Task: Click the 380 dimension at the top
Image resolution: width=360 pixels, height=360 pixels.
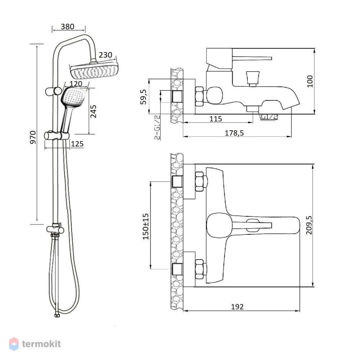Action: click(68, 27)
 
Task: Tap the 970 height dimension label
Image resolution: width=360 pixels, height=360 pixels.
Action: click(33, 137)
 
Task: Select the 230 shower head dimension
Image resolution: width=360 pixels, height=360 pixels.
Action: click(105, 55)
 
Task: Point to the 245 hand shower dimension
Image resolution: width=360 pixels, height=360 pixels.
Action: click(94, 111)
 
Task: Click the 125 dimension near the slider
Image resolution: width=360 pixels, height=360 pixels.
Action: click(77, 144)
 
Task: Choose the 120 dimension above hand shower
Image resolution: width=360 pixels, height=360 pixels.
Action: click(76, 84)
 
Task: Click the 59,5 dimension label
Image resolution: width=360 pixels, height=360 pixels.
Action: click(143, 96)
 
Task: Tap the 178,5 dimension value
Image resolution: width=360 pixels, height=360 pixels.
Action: click(234, 133)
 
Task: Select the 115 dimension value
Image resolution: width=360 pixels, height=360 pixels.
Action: click(216, 119)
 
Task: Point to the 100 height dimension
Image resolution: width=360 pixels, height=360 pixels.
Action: click(310, 81)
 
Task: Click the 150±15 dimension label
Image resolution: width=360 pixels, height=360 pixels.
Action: click(145, 226)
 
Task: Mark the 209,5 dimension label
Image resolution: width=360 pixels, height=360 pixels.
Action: click(309, 225)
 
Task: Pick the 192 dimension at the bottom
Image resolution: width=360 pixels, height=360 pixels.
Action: click(237, 307)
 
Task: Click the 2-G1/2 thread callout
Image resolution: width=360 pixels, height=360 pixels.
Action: click(157, 127)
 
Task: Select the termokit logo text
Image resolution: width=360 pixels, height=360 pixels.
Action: click(41, 344)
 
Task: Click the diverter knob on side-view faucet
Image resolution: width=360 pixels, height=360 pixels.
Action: click(253, 78)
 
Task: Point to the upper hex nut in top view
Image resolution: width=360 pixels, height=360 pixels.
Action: click(199, 181)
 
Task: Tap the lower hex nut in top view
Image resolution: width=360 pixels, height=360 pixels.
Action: click(199, 269)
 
